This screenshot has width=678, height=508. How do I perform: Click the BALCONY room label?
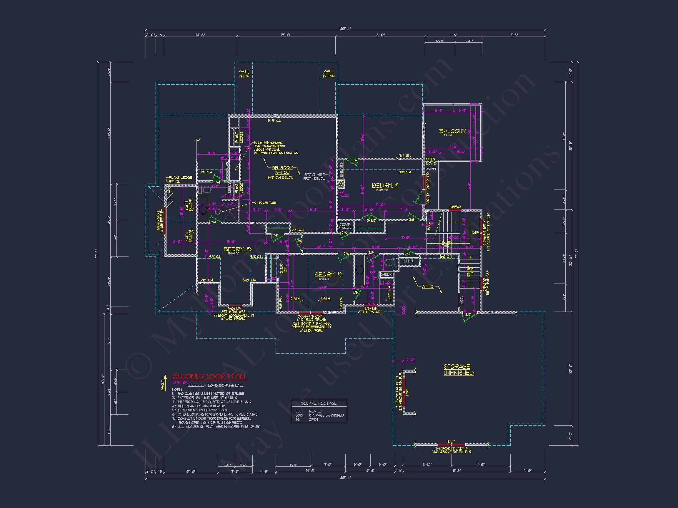452,131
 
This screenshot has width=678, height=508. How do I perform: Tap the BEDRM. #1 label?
385,186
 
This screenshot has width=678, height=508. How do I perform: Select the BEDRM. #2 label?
328,274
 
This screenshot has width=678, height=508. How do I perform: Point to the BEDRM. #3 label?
237,249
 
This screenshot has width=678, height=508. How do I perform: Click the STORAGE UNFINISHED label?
458,370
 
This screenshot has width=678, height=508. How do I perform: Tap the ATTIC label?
428,286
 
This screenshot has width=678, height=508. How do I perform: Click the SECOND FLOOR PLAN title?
209,376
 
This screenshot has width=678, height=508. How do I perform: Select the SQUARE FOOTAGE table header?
319,403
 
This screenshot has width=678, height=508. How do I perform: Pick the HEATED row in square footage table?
315,411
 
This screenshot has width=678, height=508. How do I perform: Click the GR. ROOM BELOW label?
282,170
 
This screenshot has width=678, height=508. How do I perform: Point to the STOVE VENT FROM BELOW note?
314,176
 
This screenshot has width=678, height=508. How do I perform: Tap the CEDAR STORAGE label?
345,226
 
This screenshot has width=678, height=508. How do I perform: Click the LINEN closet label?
408,261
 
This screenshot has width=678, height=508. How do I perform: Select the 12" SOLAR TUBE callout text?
265,203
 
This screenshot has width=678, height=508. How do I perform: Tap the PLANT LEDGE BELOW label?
180,180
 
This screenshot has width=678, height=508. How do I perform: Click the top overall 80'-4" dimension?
345,28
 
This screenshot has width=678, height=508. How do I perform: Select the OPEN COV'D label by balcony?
431,161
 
